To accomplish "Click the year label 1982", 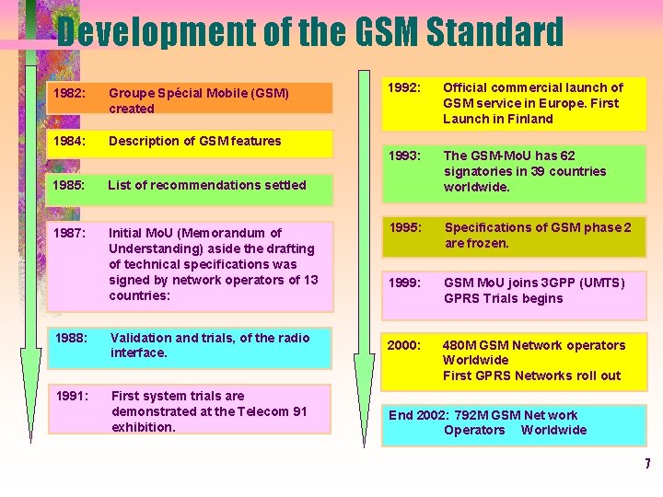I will (x=69, y=93).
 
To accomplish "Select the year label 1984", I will (x=69, y=141).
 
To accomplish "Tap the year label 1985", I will (x=69, y=184).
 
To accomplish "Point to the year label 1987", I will (x=69, y=233).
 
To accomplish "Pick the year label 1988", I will (x=70, y=338).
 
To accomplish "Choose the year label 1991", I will (x=72, y=396).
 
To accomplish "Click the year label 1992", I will (x=404, y=87).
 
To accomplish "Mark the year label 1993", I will (x=404, y=156).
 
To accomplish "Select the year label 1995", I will (x=404, y=227).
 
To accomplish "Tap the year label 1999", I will (x=404, y=283).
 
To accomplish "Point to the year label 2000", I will (x=404, y=345).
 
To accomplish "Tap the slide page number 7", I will (x=647, y=463).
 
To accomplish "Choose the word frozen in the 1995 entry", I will (x=489, y=243).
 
